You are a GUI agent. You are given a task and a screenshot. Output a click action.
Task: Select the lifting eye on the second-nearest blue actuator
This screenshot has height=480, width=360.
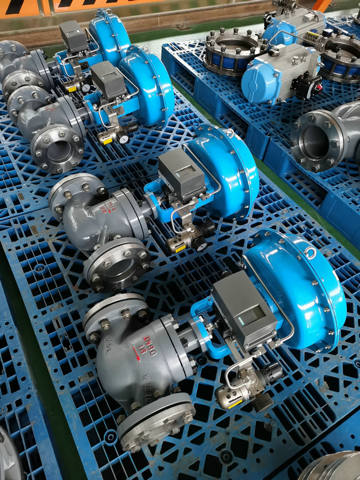pos(229,133)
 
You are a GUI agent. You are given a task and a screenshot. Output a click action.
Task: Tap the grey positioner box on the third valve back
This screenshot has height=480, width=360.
pos(108,81)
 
